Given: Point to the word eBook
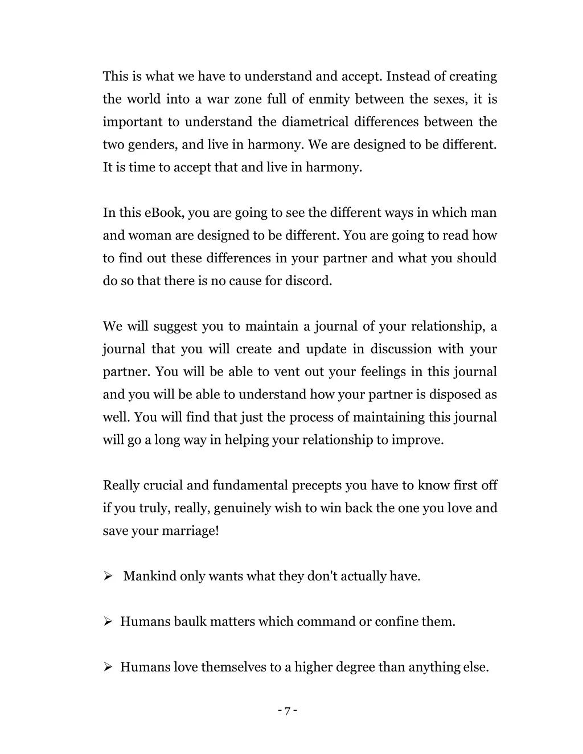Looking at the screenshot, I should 164,213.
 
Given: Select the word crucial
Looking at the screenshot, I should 163,485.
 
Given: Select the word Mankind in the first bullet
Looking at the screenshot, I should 150,576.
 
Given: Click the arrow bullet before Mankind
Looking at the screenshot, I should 108,576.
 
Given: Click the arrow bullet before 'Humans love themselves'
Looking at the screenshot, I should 108,667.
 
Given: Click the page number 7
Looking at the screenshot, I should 288,711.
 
